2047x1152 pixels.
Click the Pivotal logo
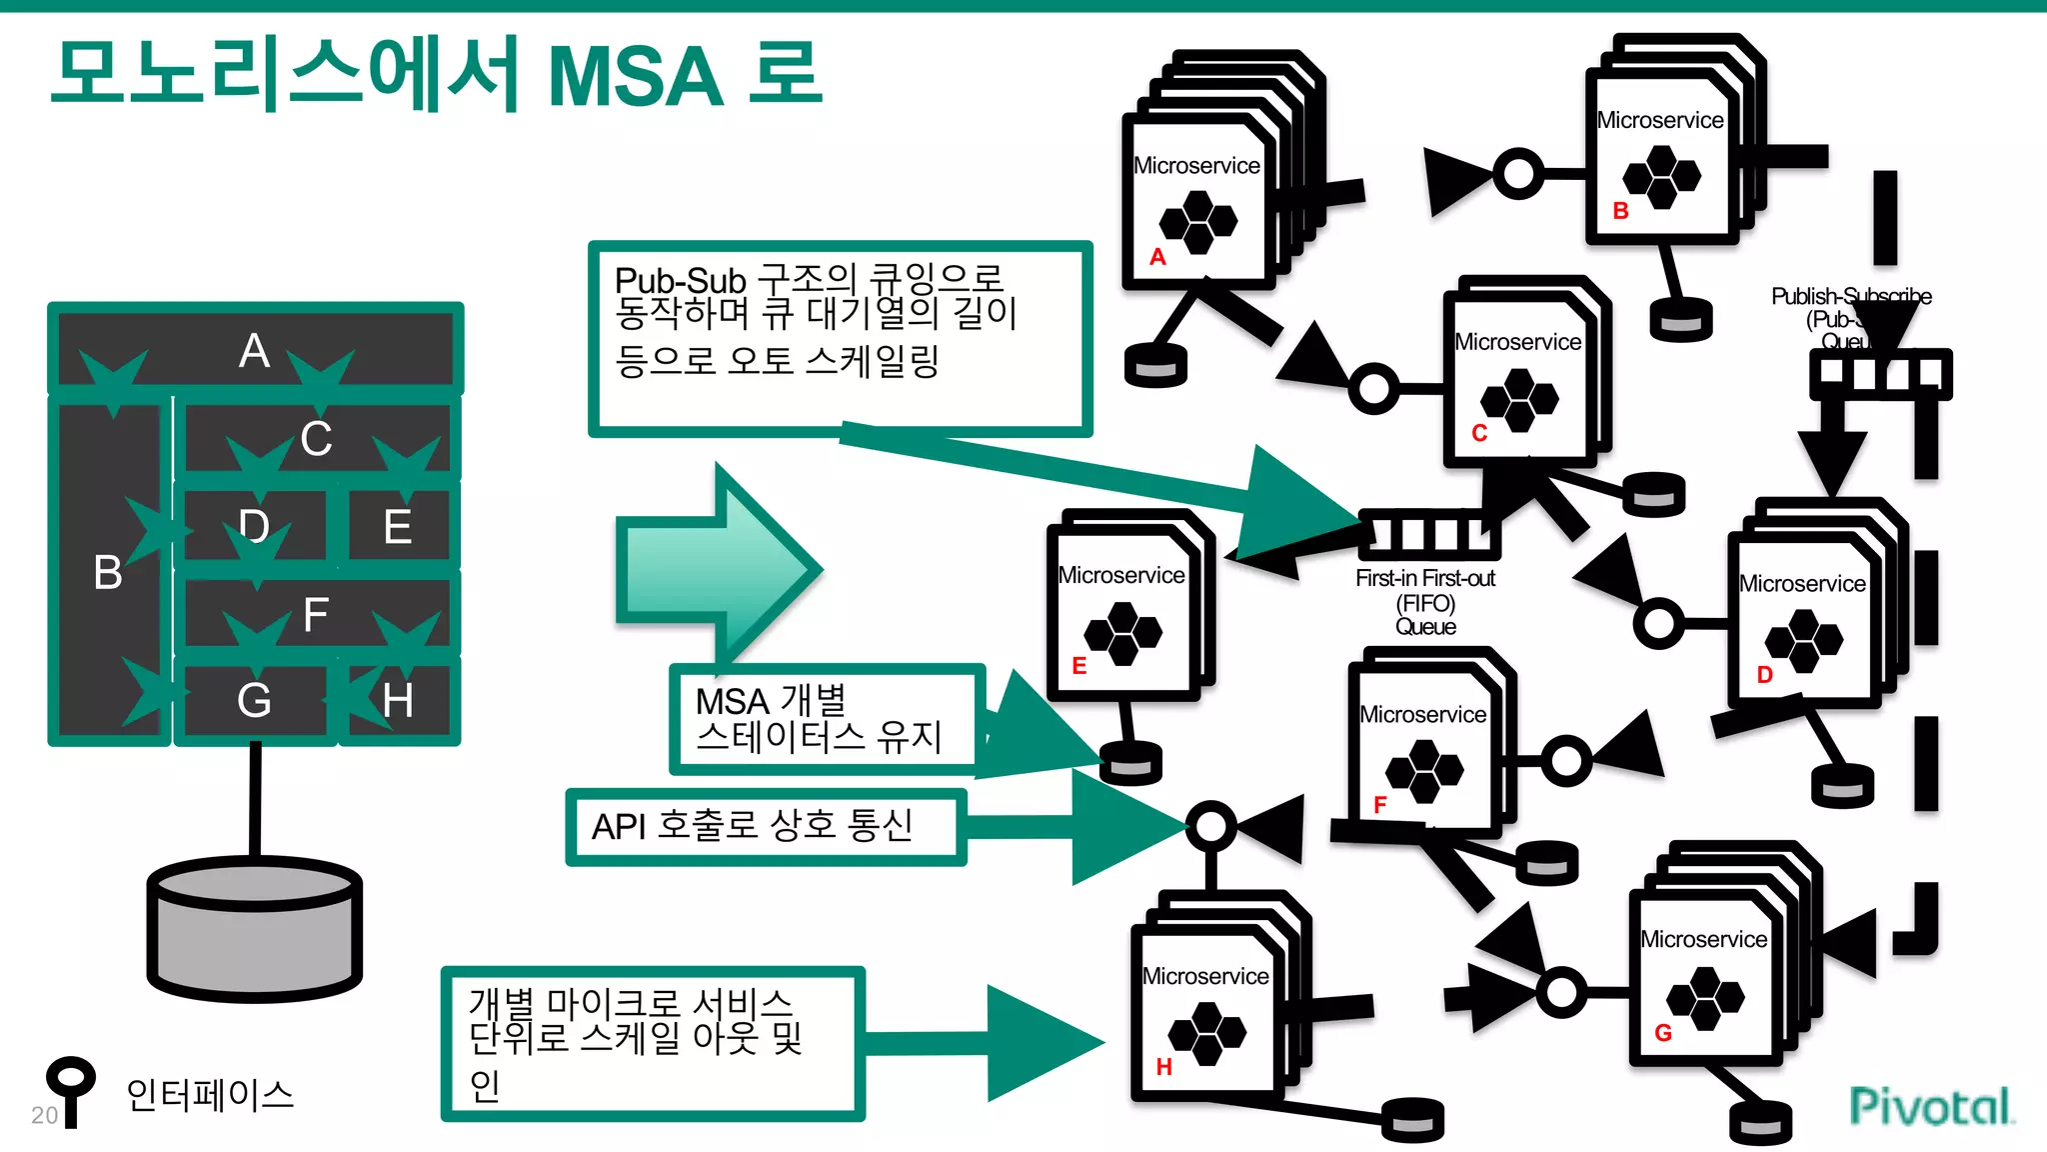[1930, 1106]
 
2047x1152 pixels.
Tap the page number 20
[45, 1115]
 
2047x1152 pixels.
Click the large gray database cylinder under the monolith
[255, 929]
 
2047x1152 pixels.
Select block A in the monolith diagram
[254, 351]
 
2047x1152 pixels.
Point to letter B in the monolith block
[108, 573]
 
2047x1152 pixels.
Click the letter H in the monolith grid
[398, 700]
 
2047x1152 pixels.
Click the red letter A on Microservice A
[1157, 257]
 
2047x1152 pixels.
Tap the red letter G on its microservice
[1663, 1033]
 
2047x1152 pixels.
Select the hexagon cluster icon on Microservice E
[1122, 633]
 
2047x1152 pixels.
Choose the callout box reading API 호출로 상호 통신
[765, 827]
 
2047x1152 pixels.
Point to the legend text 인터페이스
[210, 1095]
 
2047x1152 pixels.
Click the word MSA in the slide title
[636, 76]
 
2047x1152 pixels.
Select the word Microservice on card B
[1659, 121]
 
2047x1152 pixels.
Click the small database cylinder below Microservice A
[1155, 364]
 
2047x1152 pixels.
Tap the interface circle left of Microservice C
[1374, 388]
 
